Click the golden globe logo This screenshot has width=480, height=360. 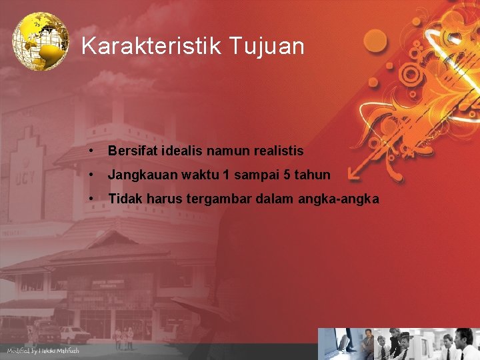click(41, 41)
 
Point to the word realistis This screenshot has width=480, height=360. click(278, 151)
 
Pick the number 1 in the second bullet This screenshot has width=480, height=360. click(227, 175)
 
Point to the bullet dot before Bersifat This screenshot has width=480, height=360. click(89, 151)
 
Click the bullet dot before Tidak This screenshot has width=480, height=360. click(89, 199)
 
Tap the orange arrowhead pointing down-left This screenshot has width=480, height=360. click(355, 175)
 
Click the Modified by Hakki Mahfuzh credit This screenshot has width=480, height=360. click(43, 351)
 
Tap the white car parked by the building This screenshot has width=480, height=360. click(75, 334)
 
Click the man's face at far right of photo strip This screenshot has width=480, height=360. click(462, 336)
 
